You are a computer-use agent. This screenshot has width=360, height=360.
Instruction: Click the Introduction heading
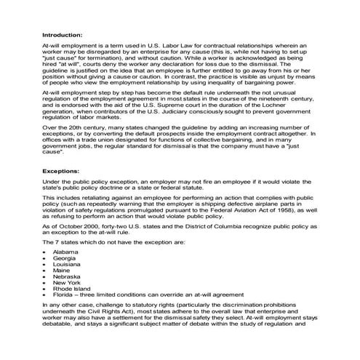click(63, 34)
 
